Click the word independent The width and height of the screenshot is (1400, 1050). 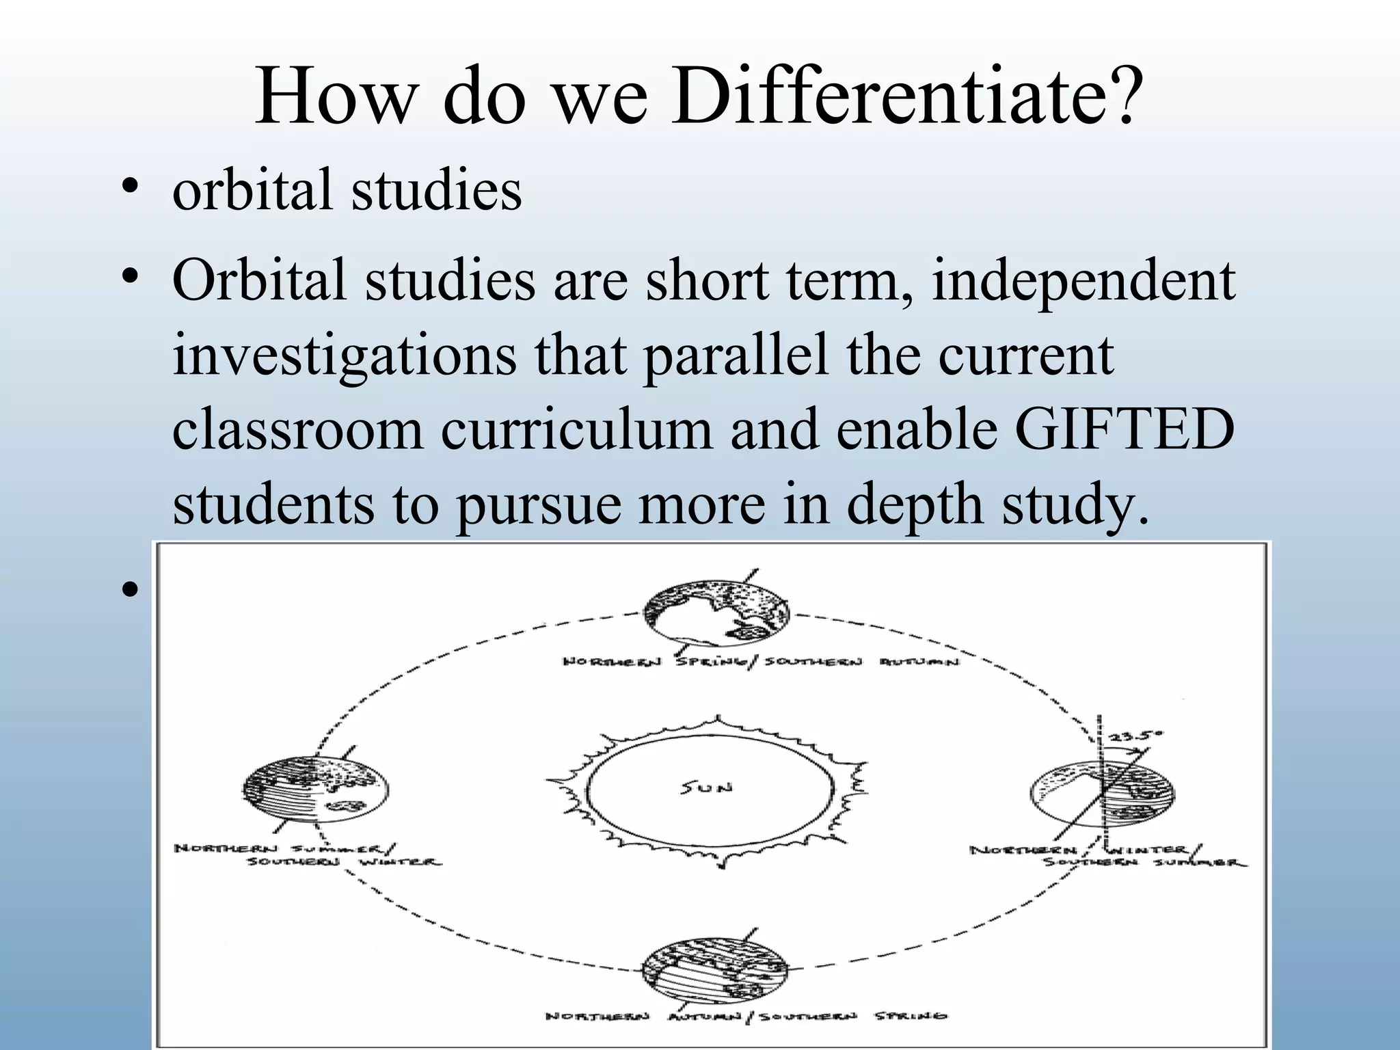(x=1083, y=280)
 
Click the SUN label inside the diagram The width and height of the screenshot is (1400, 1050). (x=707, y=787)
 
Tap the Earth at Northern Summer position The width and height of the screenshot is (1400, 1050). (x=316, y=790)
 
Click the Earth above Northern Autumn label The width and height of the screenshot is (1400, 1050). (x=715, y=971)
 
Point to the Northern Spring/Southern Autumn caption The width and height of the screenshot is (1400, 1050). (x=760, y=662)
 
